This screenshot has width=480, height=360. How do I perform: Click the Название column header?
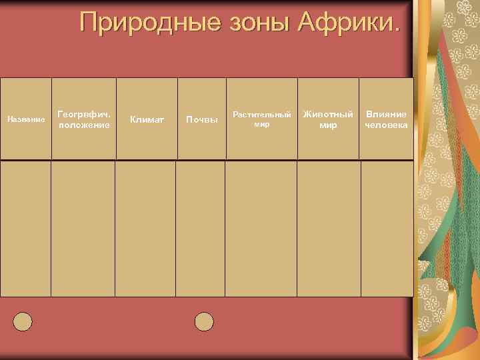[x=26, y=119]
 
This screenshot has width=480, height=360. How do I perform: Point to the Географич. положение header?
[x=84, y=119]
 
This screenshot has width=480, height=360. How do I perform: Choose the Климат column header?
[x=147, y=119]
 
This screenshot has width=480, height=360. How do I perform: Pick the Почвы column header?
[x=201, y=119]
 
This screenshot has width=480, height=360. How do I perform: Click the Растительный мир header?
[x=261, y=119]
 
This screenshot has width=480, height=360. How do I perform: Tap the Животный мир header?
[x=328, y=119]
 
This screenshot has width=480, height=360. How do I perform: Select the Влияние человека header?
[x=386, y=119]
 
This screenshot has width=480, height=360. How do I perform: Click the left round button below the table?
[x=23, y=322]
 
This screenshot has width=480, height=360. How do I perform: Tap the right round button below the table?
[x=204, y=322]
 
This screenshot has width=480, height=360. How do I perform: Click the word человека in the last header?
[x=386, y=125]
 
